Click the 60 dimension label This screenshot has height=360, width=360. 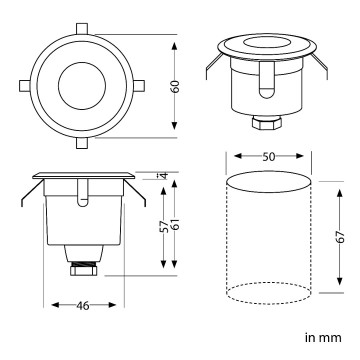(176, 87)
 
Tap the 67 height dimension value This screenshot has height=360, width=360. (340, 237)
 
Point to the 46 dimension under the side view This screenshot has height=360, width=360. (83, 306)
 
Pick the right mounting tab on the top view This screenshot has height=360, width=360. (138, 88)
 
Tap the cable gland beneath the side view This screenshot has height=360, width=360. (83, 267)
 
